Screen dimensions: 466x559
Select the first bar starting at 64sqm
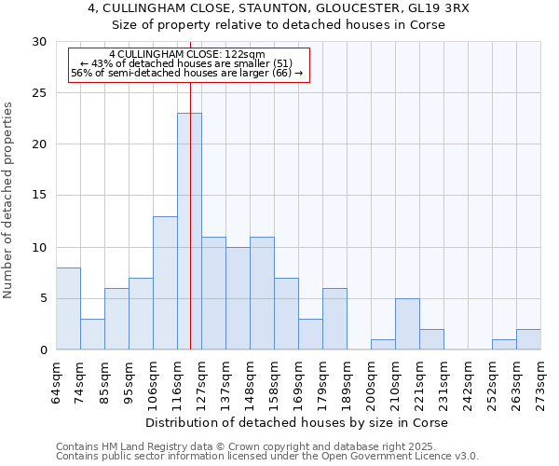(68, 308)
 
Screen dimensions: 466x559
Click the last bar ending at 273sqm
(528, 339)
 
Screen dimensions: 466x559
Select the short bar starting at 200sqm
(383, 344)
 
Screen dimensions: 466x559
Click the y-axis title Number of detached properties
(9, 200)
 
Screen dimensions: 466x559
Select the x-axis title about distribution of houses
(297, 422)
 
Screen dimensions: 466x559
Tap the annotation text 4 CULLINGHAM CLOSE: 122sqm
(186, 54)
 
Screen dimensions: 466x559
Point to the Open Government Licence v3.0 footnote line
(267, 456)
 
